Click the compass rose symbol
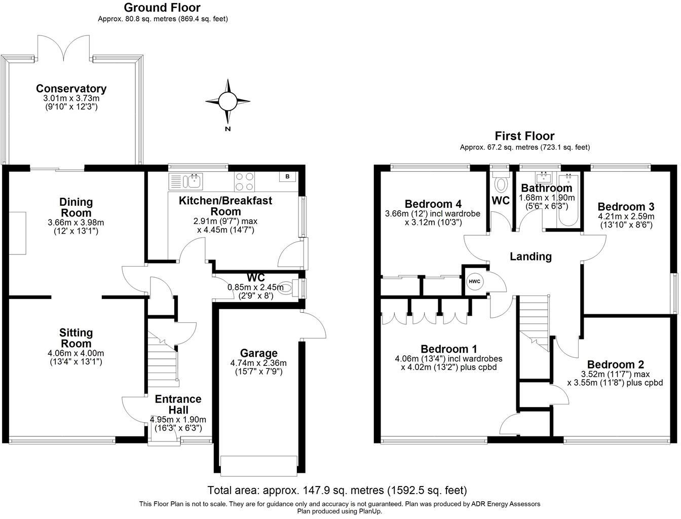pos(228,102)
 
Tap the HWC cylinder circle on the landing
pos(474,281)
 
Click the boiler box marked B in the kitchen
pos(288,177)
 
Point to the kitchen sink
pos(193,180)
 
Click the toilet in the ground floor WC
pos(288,288)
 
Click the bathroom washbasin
pos(545,177)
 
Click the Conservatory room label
pos(71,89)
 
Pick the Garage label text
pos(258,353)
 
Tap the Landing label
pos(531,256)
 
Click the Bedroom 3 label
pos(626,207)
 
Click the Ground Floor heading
pos(162,8)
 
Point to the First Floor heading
pos(524,136)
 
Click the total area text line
pos(337,490)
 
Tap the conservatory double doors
pos(63,48)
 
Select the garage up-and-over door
pos(258,465)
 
